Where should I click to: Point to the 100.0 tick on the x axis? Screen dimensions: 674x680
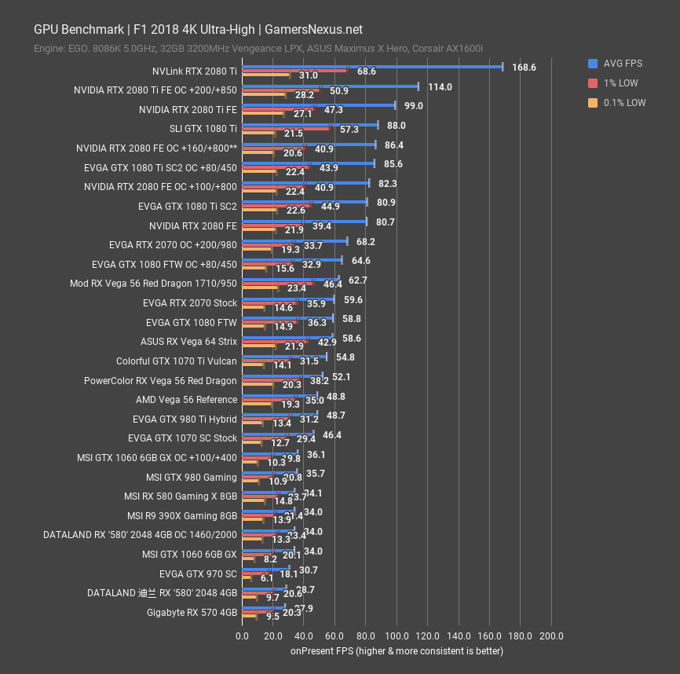tap(397, 636)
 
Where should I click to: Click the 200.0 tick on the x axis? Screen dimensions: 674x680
tap(551, 636)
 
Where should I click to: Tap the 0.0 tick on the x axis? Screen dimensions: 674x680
tap(242, 636)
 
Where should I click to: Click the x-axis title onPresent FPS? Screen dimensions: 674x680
tap(397, 650)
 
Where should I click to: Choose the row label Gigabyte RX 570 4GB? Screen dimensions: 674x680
tap(192, 612)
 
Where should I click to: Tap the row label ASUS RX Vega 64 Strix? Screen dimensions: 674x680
tap(188, 341)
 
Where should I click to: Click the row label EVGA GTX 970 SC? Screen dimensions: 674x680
tap(198, 573)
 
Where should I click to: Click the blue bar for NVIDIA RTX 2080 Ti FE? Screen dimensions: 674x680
tap(318, 105)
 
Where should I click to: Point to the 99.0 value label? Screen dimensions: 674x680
tap(414, 106)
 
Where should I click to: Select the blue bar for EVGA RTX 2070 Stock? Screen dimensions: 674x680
tap(287, 299)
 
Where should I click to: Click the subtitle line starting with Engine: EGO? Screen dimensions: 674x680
tap(258, 49)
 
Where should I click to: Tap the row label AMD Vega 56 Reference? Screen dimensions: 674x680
tap(186, 399)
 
